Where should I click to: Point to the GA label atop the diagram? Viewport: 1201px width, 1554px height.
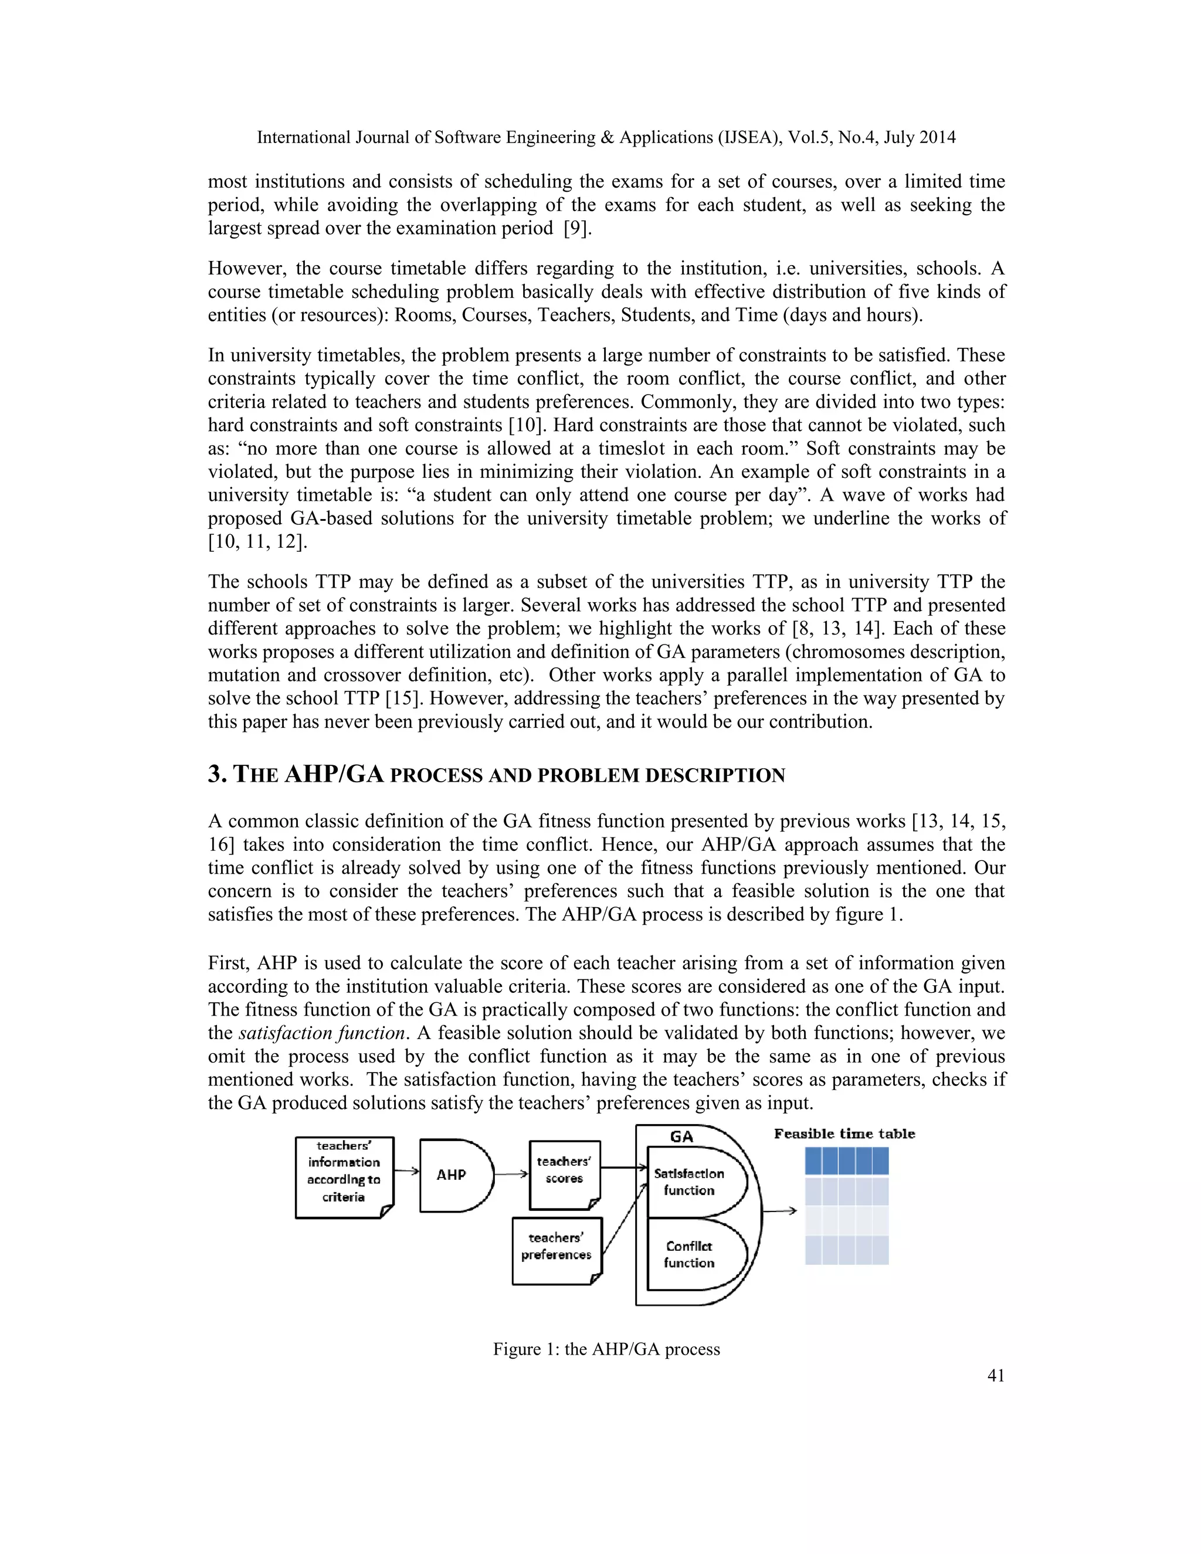coord(681,1137)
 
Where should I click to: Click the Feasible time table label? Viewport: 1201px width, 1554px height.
coord(844,1134)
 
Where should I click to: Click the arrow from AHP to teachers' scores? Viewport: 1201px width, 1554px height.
coord(511,1175)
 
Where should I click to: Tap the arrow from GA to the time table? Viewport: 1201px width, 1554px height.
coord(779,1211)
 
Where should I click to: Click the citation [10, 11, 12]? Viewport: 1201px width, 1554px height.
coord(257,541)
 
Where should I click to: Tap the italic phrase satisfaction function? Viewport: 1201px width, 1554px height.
coord(321,1033)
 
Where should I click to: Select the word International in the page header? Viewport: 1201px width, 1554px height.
coord(303,137)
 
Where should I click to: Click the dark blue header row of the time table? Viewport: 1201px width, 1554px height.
coord(846,1161)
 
